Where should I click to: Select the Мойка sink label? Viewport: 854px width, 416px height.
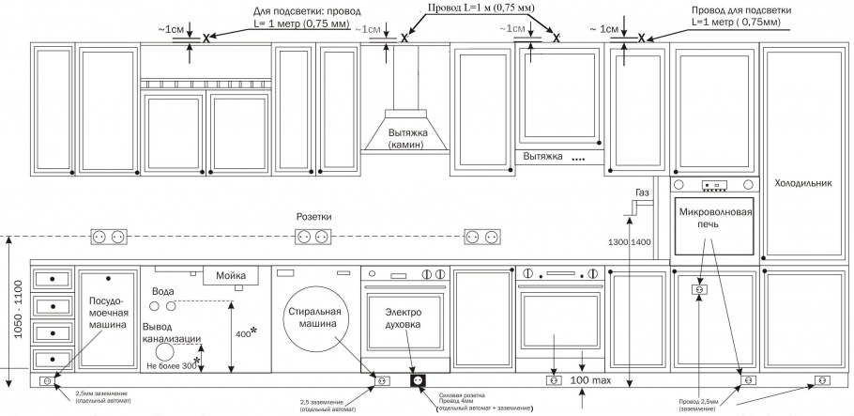tap(230, 275)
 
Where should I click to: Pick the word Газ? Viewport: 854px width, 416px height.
tap(642, 193)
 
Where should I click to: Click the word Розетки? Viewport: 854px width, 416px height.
tap(313, 216)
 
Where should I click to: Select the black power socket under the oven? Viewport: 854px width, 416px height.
tap(418, 380)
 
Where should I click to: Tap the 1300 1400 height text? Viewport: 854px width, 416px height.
tap(629, 242)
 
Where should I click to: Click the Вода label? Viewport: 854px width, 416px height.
tap(162, 292)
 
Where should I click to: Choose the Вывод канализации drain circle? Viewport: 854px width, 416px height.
tap(166, 350)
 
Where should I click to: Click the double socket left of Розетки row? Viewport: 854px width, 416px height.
tap(108, 237)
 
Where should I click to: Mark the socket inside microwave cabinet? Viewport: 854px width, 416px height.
tap(698, 291)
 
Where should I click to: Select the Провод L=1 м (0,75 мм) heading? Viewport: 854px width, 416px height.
tap(481, 8)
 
